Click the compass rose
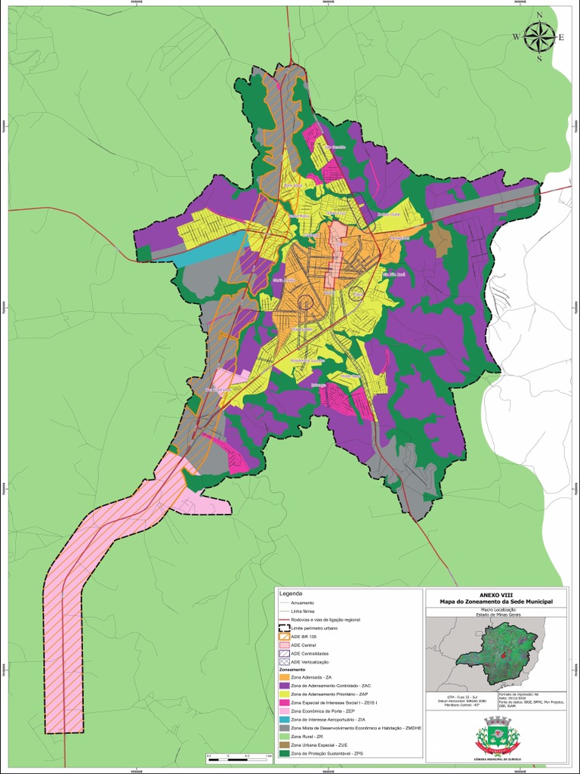(x=538, y=37)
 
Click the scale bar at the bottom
(x=239, y=756)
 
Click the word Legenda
(x=290, y=593)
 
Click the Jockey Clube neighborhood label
(x=387, y=214)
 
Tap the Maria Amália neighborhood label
(x=283, y=279)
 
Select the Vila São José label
(x=396, y=274)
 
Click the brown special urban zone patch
(x=440, y=238)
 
